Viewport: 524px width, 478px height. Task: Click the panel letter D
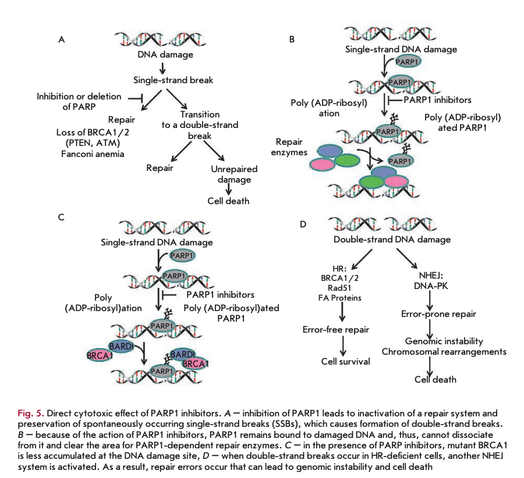303,224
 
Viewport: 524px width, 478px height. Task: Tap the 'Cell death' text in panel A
228,201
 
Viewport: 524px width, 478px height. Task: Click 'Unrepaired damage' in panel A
231,174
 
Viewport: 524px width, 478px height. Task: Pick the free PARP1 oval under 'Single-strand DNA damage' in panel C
182,256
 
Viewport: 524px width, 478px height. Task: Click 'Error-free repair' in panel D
335,330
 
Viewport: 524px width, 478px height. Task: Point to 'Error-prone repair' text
438,314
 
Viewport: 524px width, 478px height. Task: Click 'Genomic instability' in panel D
444,341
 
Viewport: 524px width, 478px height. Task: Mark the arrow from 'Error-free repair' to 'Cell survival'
344,345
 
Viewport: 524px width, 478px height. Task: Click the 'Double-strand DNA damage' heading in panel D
392,239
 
